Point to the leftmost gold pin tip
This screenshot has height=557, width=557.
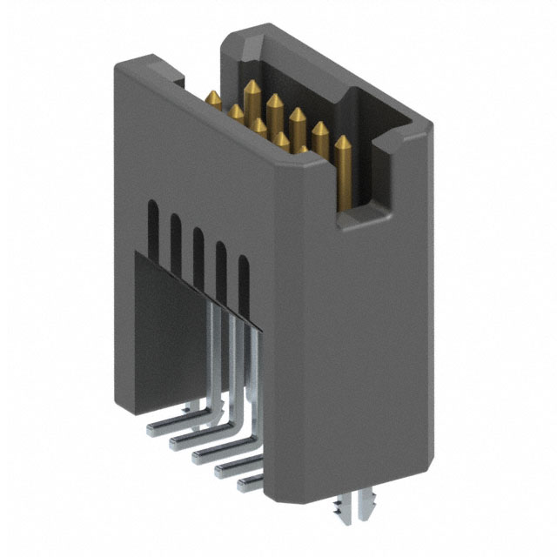pos(212,94)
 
